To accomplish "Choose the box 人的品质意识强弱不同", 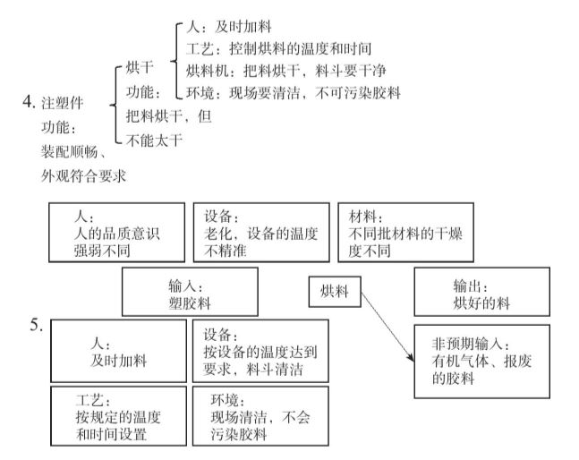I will [116, 230].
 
